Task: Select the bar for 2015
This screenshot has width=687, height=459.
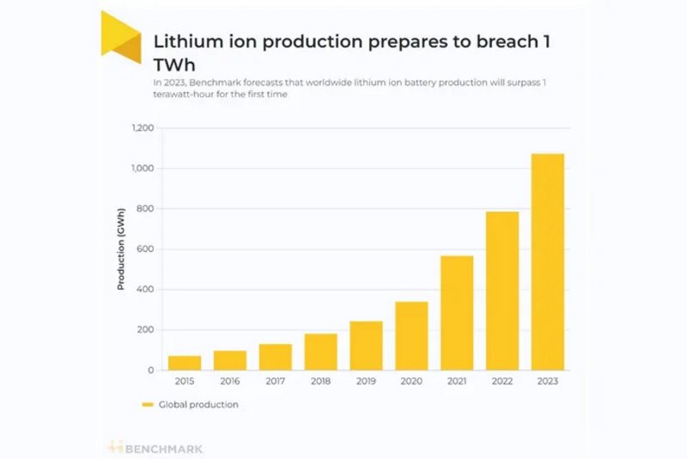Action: click(185, 363)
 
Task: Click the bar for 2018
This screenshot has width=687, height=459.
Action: click(320, 352)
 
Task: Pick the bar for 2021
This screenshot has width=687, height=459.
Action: click(457, 313)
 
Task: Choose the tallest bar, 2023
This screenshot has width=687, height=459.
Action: click(548, 261)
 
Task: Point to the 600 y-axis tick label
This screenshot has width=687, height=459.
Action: click(146, 249)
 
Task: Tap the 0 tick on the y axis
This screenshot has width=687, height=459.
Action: click(151, 370)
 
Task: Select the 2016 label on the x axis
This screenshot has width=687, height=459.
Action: click(229, 382)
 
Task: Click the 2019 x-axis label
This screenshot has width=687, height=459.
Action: click(366, 382)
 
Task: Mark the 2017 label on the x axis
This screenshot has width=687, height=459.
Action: click(275, 382)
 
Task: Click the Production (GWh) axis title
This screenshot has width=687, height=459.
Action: click(121, 249)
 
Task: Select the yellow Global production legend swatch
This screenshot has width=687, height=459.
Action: click(148, 404)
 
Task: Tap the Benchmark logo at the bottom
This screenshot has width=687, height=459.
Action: click(155, 448)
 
